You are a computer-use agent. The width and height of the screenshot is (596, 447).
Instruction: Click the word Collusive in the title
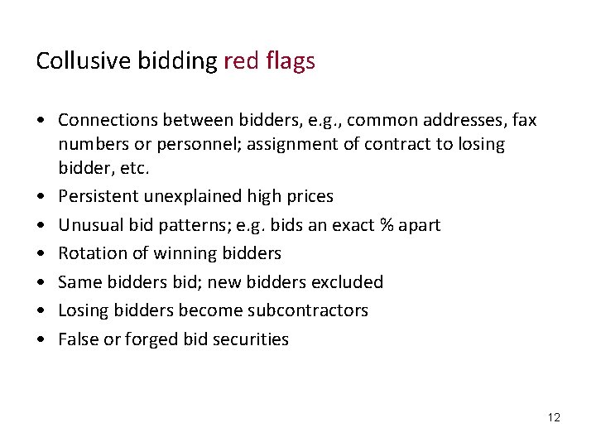coord(74,61)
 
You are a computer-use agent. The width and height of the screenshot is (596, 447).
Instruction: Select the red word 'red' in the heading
coord(241,61)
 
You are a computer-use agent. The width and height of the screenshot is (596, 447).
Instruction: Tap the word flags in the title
coord(290,61)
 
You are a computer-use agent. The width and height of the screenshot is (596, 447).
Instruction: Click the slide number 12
coord(554,417)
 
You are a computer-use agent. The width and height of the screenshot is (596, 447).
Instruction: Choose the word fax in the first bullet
coord(523,121)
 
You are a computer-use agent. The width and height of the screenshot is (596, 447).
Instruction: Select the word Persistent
coord(99,196)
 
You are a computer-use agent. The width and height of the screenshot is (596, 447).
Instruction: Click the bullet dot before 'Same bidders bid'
coord(41,282)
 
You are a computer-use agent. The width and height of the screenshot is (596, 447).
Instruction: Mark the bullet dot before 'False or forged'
coord(41,339)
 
